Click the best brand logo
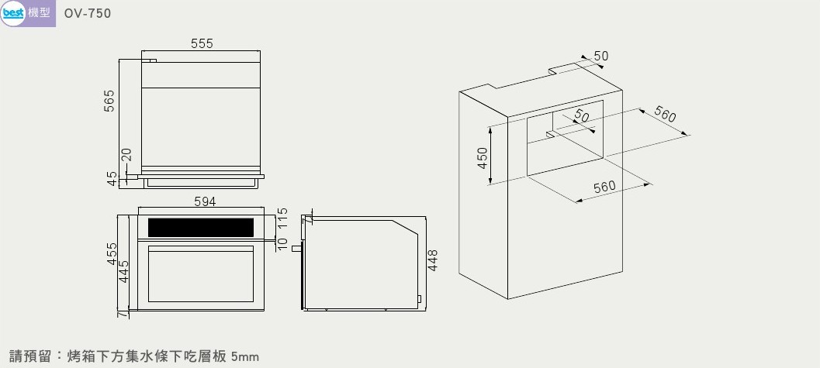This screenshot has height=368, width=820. tap(13, 12)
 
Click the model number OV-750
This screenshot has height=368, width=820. tap(88, 14)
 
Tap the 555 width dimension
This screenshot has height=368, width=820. tap(202, 44)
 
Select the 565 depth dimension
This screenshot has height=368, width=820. tap(109, 101)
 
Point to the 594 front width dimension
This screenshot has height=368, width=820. tap(205, 201)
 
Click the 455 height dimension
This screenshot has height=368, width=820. tap(112, 253)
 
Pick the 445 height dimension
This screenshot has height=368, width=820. tap(123, 271)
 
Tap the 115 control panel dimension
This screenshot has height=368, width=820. tap(282, 218)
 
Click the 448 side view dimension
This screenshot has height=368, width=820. tap(432, 260)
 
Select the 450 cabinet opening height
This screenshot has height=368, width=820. tap(483, 157)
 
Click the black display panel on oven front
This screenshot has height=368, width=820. tap(201, 228)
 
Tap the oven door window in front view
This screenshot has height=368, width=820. tap(201, 274)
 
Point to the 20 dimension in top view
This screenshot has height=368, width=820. tap(126, 155)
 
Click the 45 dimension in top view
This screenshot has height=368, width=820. tap(112, 179)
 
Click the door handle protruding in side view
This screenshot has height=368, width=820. tap(296, 248)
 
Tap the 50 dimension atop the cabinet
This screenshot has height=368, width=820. tap(601, 56)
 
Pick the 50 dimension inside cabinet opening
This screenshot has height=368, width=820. tap(582, 115)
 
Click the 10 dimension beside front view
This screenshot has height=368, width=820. tap(282, 244)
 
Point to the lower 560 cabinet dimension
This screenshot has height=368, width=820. tap(604, 187)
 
